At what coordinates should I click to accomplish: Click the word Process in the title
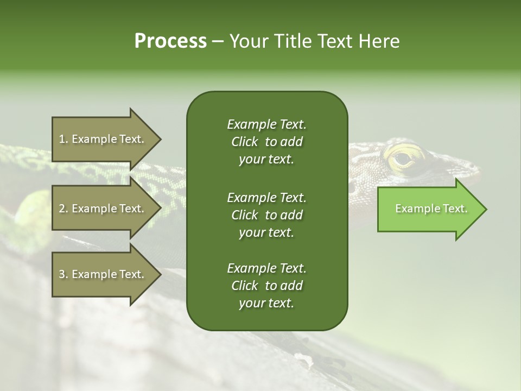coord(170,41)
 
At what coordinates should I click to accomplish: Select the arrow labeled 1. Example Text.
coord(103,139)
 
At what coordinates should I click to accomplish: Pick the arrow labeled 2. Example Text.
coord(103,209)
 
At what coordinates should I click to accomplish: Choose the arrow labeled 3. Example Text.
coord(103,274)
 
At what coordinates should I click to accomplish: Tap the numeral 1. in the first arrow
coord(63,139)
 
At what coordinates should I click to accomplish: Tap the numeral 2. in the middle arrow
coord(63,209)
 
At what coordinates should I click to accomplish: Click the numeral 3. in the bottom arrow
coord(63,274)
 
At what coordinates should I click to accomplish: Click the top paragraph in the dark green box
coord(266,142)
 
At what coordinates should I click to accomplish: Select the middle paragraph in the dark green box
coord(266,215)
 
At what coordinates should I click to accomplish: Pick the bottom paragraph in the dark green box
coord(266,286)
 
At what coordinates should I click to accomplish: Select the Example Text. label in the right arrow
coord(431,209)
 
